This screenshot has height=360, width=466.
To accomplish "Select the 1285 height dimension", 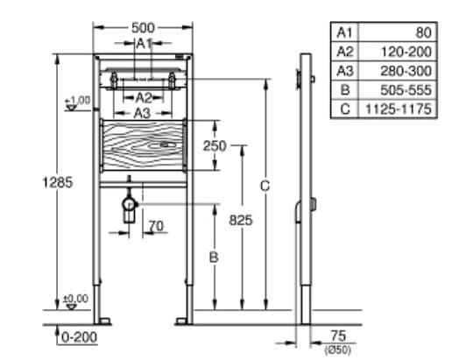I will [57, 183].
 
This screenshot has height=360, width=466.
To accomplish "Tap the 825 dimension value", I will [241, 221].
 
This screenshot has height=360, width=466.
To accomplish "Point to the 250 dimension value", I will [215, 146].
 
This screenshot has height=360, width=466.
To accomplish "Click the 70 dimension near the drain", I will [156, 226].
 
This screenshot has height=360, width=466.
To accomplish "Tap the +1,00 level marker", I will [77, 102].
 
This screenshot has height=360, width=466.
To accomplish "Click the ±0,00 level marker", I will [76, 300].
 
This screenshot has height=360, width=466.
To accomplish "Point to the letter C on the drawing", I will [265, 186].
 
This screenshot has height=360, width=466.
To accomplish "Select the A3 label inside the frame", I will [142, 113].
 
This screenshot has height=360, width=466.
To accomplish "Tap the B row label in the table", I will [344, 90].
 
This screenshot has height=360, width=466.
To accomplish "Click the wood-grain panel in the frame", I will [143, 143].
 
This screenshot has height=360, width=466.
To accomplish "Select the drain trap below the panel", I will [131, 207].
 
